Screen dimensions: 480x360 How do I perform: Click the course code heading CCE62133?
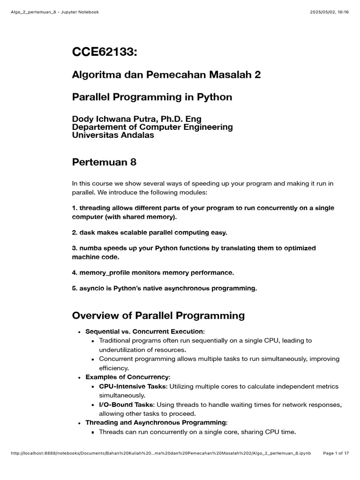pos(105,52)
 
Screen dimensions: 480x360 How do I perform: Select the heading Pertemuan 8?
pos(104,162)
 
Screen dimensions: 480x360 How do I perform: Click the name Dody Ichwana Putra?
pos(112,119)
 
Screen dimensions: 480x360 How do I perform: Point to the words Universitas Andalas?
pos(113,135)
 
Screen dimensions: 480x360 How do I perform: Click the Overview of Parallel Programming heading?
pos(158,315)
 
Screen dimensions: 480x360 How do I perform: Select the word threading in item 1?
pos(95,208)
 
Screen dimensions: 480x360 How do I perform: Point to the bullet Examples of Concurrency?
pos(127,377)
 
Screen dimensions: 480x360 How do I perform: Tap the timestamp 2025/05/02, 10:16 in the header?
pos(329,12)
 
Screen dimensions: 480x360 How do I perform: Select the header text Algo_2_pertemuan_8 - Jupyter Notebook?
pos(54,12)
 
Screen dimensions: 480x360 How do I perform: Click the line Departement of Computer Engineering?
pos(152,127)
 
